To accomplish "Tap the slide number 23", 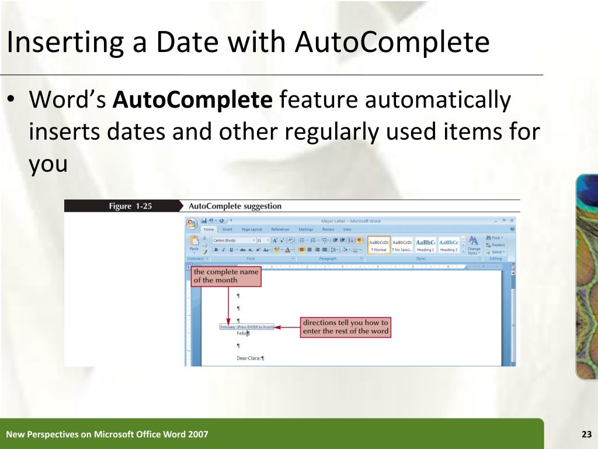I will point(586,434).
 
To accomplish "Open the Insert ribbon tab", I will point(227,230).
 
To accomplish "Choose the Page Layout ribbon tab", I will point(252,230).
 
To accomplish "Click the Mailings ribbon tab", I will point(305,230).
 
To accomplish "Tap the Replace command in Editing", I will point(498,245).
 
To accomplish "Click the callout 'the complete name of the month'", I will point(226,276).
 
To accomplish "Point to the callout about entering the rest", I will point(346,327).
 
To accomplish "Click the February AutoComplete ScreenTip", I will point(246,327).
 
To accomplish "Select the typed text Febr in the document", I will point(242,333).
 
